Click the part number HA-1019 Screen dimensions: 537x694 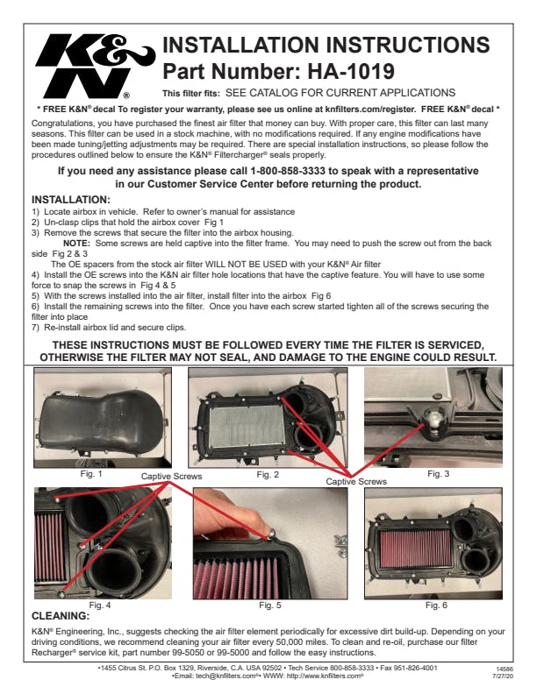pos(344,71)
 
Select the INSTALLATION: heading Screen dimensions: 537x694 pos(71,200)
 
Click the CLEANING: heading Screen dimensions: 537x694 pos(61,616)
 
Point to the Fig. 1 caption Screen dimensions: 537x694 pos(91,473)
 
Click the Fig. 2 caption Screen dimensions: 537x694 pos(268,474)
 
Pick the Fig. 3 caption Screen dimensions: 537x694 pos(438,473)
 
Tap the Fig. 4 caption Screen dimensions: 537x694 pos(100,605)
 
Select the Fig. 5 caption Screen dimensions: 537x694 pos(270,605)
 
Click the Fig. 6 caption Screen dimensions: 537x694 pos(436,605)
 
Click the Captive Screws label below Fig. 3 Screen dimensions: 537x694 pos(356,482)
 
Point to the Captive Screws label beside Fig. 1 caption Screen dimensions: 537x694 pos(171,476)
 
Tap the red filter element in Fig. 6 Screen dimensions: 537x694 pos(415,549)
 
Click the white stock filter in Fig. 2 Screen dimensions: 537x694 pos(247,425)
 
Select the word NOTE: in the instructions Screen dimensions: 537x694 pos(76,243)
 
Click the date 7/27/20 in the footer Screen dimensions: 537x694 pos(503,676)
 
